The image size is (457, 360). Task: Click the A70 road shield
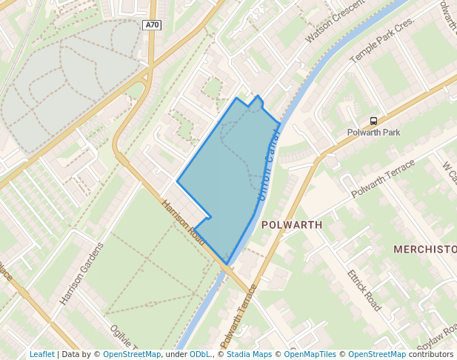pos(151,25)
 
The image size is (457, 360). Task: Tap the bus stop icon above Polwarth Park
pos(373,121)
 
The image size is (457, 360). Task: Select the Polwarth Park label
pos(373,133)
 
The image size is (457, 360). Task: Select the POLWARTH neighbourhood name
pos(292,224)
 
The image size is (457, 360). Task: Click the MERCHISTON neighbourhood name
pos(424,249)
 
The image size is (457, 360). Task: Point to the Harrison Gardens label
pos(80,273)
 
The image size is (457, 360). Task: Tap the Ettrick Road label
pos(364,289)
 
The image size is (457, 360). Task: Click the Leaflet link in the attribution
pos(41,354)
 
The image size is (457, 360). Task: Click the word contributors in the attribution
pos(431,354)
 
